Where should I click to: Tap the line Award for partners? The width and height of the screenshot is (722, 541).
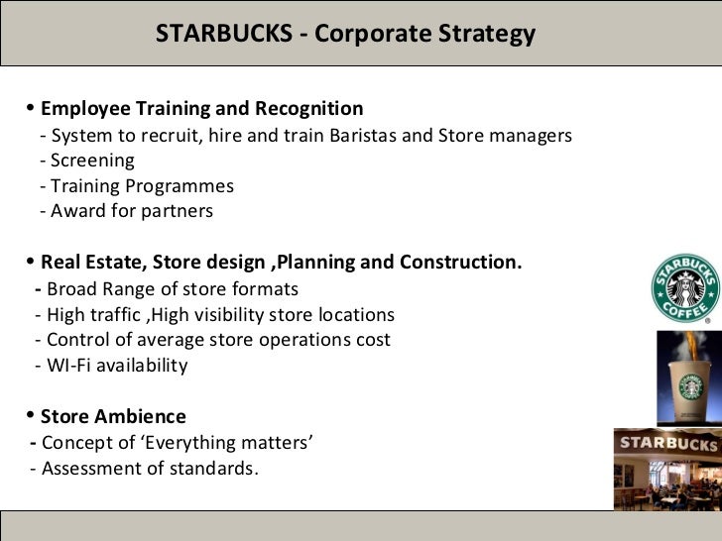click(127, 211)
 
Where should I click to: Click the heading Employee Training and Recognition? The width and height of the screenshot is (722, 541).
click(201, 108)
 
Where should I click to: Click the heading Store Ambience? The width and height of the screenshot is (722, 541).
click(113, 417)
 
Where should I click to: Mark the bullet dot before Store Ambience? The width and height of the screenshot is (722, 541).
click(31, 415)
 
